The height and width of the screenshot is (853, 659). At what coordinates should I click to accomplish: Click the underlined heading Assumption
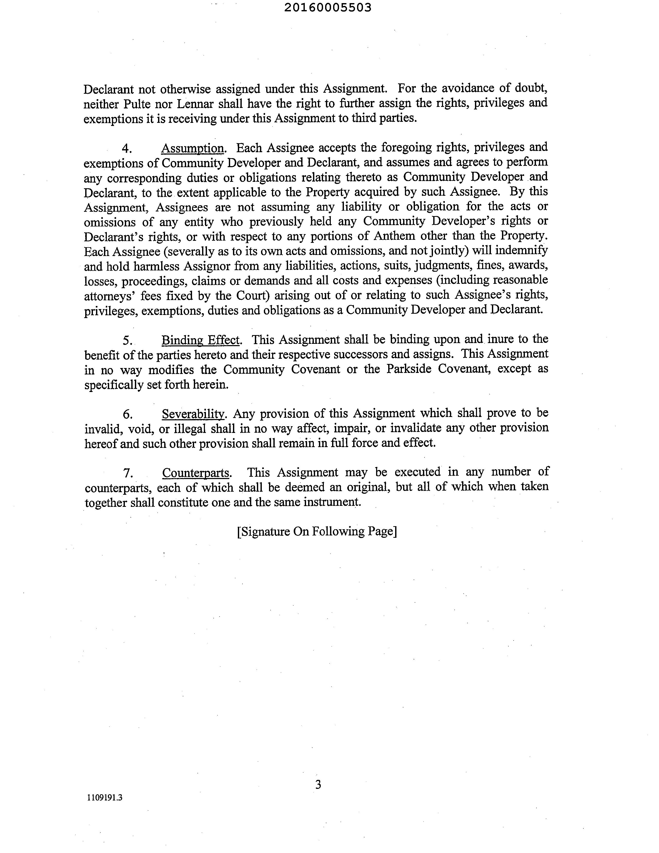click(193, 148)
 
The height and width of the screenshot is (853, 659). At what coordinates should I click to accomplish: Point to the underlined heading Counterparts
click(196, 473)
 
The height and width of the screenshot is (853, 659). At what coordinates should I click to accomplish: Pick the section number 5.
click(127, 340)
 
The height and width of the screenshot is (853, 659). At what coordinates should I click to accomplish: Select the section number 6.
click(127, 414)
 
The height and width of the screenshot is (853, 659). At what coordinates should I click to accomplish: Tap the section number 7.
click(128, 473)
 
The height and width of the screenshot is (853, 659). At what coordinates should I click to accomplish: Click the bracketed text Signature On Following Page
click(317, 532)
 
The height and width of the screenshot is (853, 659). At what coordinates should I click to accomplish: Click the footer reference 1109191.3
click(105, 798)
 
